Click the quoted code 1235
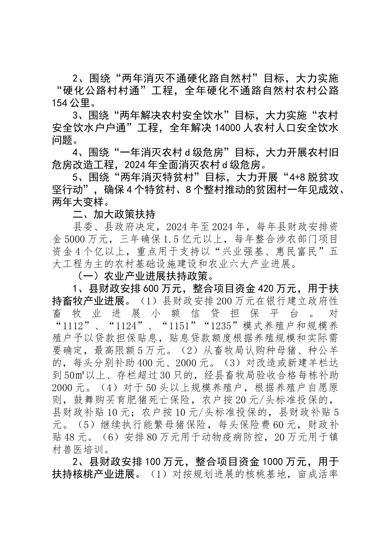220,327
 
